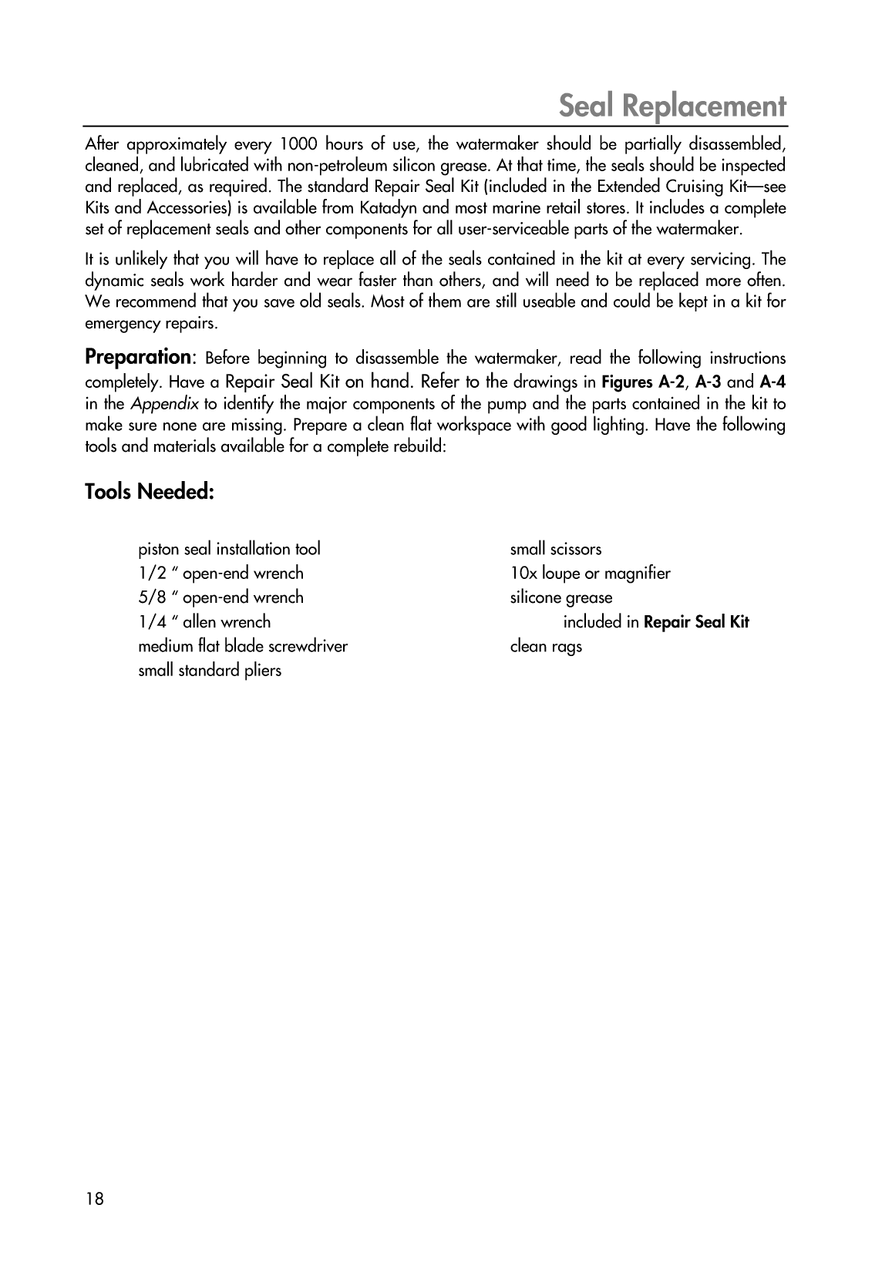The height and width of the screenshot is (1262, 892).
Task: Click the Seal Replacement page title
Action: click(672, 106)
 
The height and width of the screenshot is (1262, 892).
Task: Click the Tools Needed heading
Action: click(149, 491)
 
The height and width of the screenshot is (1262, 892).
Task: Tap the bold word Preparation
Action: click(138, 357)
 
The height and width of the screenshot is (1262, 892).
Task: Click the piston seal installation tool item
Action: click(229, 549)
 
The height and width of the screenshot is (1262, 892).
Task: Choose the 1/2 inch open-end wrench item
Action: click(220, 573)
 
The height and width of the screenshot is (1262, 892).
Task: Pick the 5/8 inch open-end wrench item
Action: click(220, 597)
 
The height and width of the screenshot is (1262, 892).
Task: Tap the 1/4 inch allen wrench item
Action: click(204, 621)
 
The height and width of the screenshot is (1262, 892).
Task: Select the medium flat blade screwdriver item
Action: click(243, 646)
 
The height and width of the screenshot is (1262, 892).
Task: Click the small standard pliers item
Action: click(210, 670)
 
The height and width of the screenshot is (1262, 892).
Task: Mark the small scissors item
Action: click(556, 549)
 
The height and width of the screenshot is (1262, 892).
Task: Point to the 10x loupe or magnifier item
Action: click(591, 573)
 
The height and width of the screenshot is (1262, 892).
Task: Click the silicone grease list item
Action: click(561, 597)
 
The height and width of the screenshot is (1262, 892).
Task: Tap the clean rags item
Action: click(546, 646)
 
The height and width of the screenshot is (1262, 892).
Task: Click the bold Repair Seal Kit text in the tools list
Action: click(696, 622)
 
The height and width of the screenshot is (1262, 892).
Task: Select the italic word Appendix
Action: click(164, 403)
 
